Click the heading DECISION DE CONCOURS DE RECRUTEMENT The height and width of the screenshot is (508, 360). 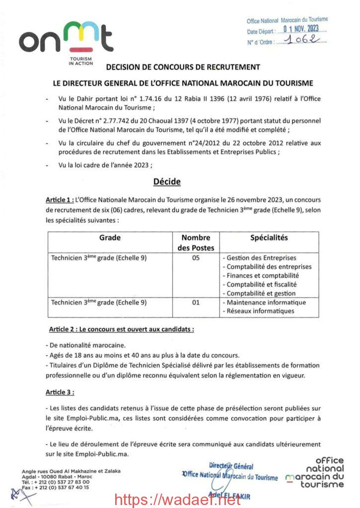[x=183, y=67]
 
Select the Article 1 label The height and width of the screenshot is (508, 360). [x=60, y=200]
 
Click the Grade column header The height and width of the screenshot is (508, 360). [x=110, y=238]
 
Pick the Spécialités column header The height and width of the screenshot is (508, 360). [x=269, y=238]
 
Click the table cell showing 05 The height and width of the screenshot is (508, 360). [x=195, y=258]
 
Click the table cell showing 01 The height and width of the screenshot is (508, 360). [x=195, y=302]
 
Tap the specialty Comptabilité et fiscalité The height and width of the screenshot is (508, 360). [x=261, y=284]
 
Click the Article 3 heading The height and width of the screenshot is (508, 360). [x=60, y=392]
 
